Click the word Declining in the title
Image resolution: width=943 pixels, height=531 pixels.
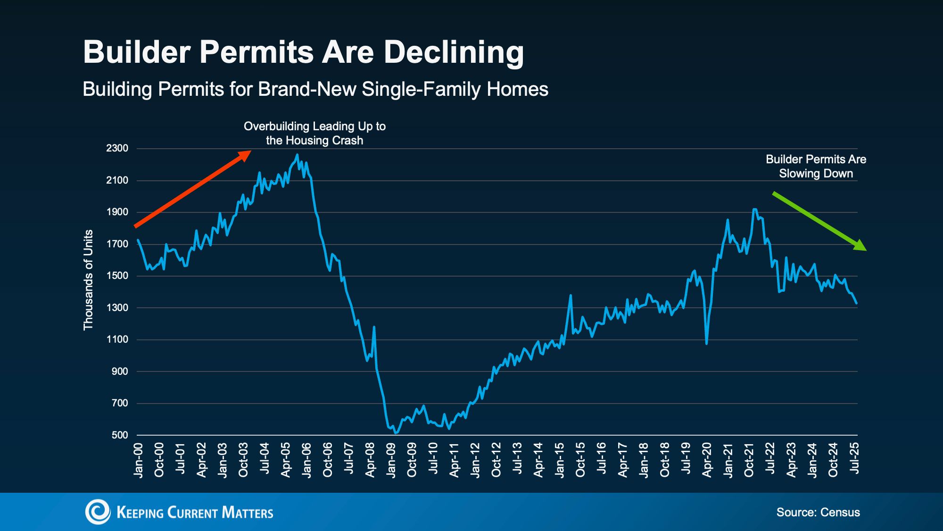pos(454,52)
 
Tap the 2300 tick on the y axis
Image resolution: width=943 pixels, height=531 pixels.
pos(117,148)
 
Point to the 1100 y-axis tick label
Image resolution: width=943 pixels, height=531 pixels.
pos(117,339)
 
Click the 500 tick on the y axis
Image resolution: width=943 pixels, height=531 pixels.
pos(120,435)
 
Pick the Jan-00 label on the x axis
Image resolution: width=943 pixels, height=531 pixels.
pos(138,460)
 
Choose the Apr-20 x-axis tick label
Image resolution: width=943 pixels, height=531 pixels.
pos(707,460)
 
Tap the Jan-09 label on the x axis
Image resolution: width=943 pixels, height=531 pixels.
pos(391,460)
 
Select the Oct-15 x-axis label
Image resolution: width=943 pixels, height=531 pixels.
pos(580,460)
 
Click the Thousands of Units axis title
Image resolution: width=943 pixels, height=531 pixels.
pos(88,280)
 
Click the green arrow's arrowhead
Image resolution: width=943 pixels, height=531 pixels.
pos(862,246)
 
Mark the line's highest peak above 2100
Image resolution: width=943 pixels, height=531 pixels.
pos(297,155)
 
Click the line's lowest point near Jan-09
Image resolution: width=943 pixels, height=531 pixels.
pos(396,433)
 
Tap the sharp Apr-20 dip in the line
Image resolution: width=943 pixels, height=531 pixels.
pos(706,343)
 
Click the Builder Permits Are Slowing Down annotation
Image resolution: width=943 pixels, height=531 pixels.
pos(816,166)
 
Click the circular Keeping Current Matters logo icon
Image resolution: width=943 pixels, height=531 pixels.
pos(97,512)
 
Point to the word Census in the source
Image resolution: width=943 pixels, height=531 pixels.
pos(840,513)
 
